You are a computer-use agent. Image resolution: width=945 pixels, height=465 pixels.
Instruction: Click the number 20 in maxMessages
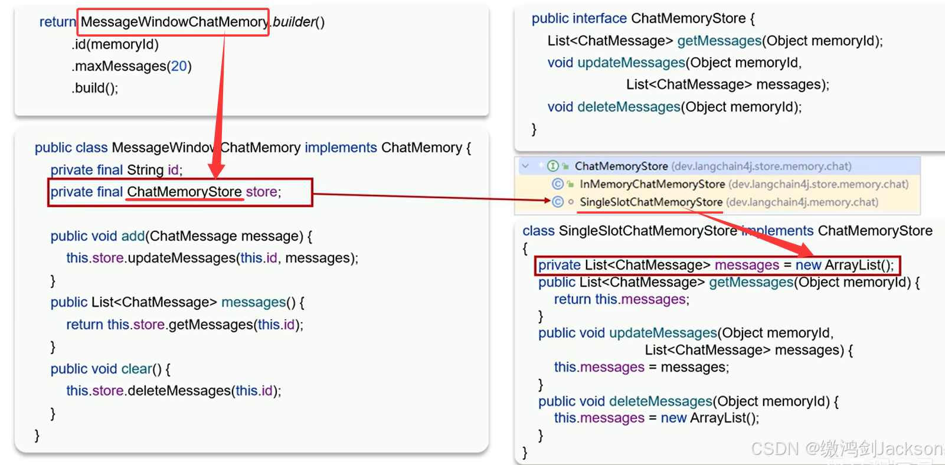[x=179, y=66]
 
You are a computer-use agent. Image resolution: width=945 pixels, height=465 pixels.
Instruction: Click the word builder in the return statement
[x=294, y=22]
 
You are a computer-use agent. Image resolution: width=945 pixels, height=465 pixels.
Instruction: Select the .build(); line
[x=95, y=88]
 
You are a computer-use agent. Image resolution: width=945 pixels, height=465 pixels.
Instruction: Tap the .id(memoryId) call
[x=115, y=44]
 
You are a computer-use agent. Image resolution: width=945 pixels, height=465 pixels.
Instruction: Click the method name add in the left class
[x=133, y=236]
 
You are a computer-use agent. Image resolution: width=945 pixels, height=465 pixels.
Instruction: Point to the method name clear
[x=136, y=369]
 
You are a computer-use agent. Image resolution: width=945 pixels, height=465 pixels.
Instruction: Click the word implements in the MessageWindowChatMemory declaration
[x=341, y=148]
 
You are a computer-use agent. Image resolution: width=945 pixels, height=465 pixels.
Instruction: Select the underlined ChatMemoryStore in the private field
[x=184, y=192]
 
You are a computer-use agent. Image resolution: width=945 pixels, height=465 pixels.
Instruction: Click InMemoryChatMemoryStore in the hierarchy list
[x=652, y=184]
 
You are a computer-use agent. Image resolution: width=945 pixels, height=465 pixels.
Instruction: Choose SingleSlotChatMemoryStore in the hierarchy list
[x=650, y=202]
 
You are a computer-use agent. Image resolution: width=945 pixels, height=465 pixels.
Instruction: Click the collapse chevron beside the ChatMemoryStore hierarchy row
[x=525, y=166]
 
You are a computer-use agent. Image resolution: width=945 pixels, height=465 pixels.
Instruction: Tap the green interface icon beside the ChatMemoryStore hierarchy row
[x=553, y=166]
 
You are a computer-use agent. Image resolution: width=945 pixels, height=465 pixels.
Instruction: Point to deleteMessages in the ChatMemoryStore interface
[x=629, y=107]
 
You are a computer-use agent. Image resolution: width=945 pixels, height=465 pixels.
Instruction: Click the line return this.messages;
[x=621, y=299]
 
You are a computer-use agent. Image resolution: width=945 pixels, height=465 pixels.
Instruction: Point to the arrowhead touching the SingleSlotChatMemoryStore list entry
[x=547, y=201]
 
